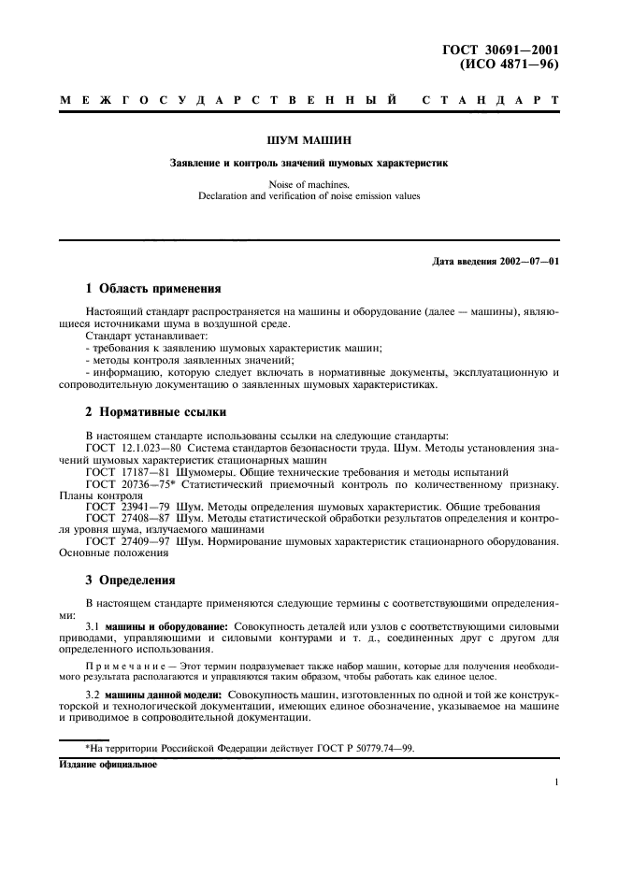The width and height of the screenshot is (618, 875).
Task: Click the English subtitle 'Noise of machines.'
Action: [x=309, y=184]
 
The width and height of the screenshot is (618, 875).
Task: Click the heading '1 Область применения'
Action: [x=154, y=288]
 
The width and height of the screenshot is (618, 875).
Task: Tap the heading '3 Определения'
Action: [x=130, y=580]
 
